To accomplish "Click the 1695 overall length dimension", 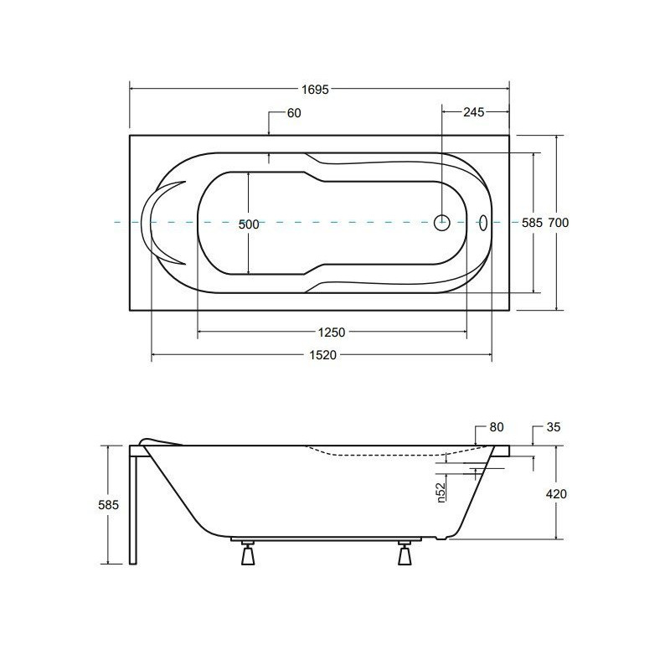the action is pyautogui.click(x=315, y=90).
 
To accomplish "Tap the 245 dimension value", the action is pyautogui.click(x=473, y=112).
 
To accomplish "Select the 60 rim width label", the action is pyautogui.click(x=294, y=113).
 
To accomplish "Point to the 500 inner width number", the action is pyautogui.click(x=249, y=224).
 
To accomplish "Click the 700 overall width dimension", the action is pyautogui.click(x=559, y=223).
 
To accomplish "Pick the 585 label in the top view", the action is pyautogui.click(x=532, y=223).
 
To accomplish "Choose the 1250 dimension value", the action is pyautogui.click(x=331, y=332).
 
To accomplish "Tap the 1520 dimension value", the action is pyautogui.click(x=323, y=354).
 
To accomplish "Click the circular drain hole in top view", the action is pyautogui.click(x=442, y=222).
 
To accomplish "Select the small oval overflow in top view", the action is pyautogui.click(x=483, y=222).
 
